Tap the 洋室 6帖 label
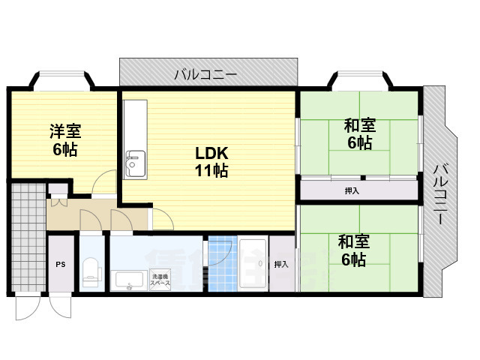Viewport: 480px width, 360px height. click(x=63, y=139)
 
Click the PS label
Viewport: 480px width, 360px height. click(x=60, y=264)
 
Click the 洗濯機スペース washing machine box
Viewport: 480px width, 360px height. click(x=160, y=277)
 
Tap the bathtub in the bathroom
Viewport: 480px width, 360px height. click(x=253, y=264)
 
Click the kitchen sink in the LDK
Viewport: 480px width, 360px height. click(x=136, y=160)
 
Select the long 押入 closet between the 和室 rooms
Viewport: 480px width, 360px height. click(x=358, y=190)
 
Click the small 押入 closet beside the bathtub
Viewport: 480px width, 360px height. click(x=282, y=264)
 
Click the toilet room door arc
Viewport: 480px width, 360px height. click(x=89, y=222)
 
